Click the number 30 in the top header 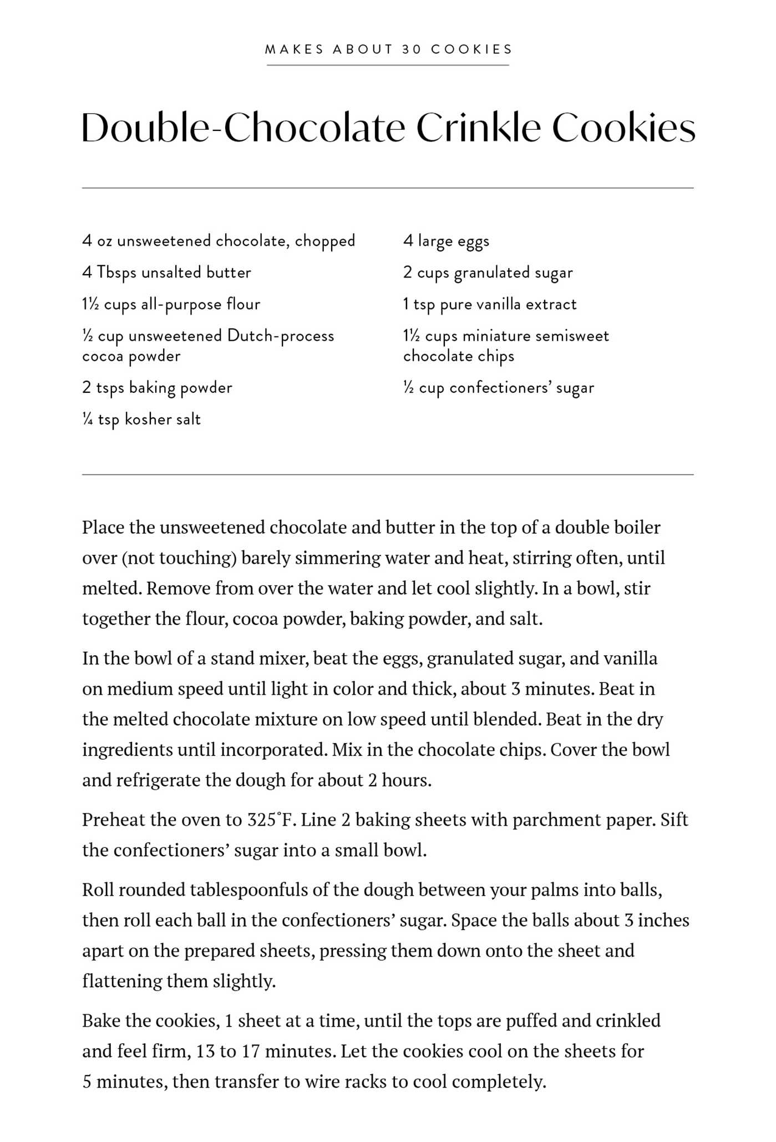click(412, 49)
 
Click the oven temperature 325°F click(269, 820)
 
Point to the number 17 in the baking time click(251, 1052)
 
